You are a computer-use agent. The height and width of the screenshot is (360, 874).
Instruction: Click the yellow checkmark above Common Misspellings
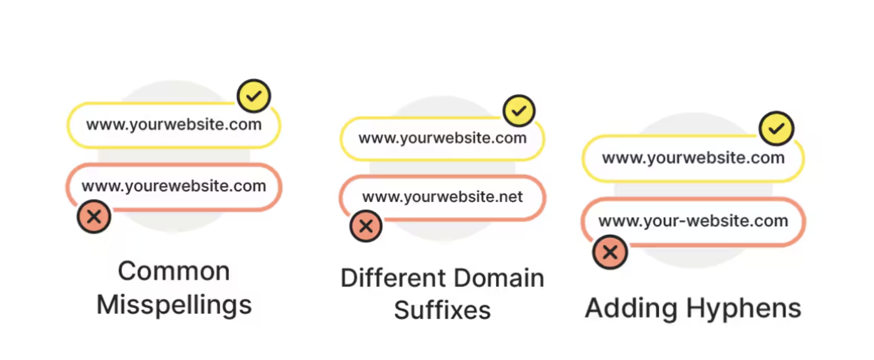click(254, 96)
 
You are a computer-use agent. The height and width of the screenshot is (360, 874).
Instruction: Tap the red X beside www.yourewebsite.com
click(94, 217)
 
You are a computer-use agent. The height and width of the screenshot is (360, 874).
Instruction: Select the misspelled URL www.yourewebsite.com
click(174, 187)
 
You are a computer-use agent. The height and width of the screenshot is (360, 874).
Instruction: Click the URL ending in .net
click(443, 197)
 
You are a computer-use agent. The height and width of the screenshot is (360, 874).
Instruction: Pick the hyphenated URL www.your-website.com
click(693, 221)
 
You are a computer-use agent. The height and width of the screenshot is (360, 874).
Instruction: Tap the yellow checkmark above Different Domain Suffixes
click(519, 110)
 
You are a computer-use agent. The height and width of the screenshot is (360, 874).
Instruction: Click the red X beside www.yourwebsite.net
click(366, 226)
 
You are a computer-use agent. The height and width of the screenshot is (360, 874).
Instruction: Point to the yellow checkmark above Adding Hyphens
click(776, 128)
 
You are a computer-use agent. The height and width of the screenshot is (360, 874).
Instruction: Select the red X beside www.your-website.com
click(610, 252)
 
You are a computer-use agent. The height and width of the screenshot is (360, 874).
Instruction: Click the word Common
click(174, 271)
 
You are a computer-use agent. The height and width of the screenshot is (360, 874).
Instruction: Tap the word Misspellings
click(174, 305)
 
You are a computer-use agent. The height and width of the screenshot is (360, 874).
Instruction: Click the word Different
click(393, 278)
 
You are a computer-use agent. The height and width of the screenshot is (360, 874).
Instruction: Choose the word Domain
click(499, 278)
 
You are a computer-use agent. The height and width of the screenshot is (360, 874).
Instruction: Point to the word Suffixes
click(443, 310)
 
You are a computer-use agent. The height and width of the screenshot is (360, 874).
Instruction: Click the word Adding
click(631, 309)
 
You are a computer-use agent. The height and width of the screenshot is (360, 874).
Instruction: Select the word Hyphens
click(744, 309)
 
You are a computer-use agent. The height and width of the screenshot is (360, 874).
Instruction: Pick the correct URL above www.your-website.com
click(693, 158)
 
